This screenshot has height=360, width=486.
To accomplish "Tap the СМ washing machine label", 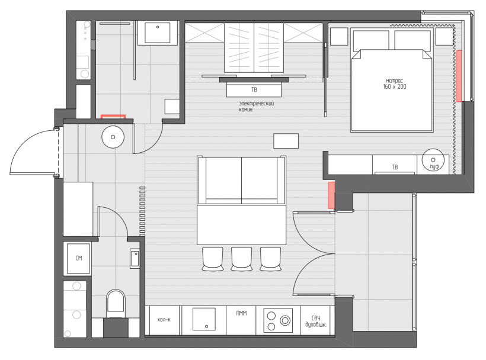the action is pyautogui.click(x=79, y=258).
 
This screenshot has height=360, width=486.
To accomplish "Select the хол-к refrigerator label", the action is pyautogui.click(x=164, y=320).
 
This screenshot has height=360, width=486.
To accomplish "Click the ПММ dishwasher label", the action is pyautogui.click(x=241, y=313).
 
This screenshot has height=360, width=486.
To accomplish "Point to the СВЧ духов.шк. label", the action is pyautogui.click(x=316, y=322).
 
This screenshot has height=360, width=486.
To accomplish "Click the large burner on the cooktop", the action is pyautogui.click(x=285, y=320).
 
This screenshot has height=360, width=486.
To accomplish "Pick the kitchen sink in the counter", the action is pyautogui.click(x=204, y=319).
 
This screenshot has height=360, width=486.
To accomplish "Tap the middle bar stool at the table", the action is pyautogui.click(x=241, y=259).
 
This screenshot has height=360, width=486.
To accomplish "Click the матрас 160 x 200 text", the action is pyautogui.click(x=395, y=83).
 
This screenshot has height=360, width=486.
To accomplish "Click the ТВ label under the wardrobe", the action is pyautogui.click(x=254, y=90).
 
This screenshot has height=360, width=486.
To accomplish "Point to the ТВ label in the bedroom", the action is pyautogui.click(x=395, y=167).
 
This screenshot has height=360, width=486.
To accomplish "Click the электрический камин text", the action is pyautogui.click(x=256, y=107).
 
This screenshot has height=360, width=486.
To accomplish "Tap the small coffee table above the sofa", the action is pyautogui.click(x=286, y=141).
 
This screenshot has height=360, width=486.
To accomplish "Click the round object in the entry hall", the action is pyautogui.click(x=113, y=137).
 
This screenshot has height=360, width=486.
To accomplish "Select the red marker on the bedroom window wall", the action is pyautogui.click(x=459, y=76).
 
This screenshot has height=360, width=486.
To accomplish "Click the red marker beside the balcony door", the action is pyautogui.click(x=331, y=195).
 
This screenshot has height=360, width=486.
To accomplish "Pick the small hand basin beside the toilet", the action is pyautogui.click(x=135, y=259).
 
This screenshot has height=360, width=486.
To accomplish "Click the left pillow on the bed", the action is pyautogui.click(x=370, y=40).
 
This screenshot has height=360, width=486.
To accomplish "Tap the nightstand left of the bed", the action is pyautogui.click(x=339, y=37).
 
